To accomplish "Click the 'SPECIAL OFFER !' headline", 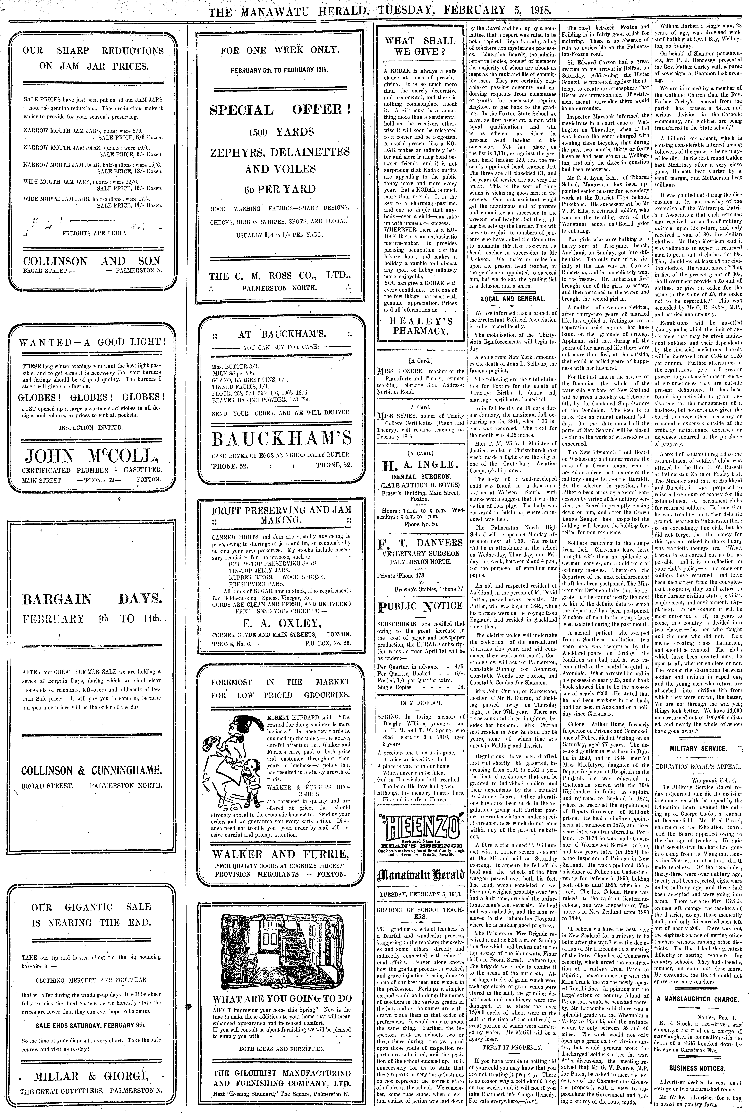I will (280, 110).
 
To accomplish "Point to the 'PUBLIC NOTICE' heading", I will (420, 606).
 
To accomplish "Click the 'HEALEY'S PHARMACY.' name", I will (420, 325).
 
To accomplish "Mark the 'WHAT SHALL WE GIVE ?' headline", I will (420, 46).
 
